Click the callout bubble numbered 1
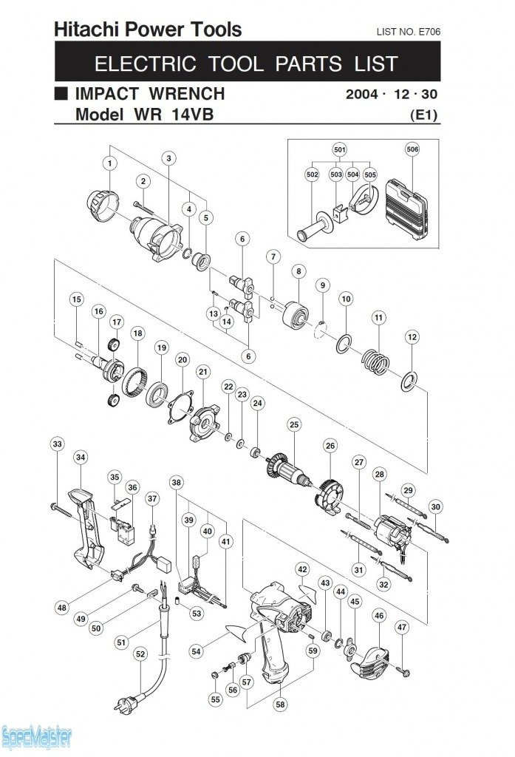click(x=110, y=162)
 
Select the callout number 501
click(x=340, y=149)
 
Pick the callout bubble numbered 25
click(x=294, y=424)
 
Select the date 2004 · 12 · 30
click(x=392, y=95)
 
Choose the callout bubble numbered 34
click(x=80, y=458)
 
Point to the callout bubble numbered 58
click(x=280, y=705)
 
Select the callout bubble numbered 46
click(x=379, y=615)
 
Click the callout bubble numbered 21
click(x=202, y=370)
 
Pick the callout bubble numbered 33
click(x=57, y=444)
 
